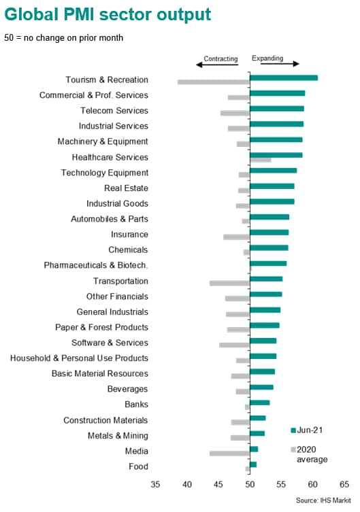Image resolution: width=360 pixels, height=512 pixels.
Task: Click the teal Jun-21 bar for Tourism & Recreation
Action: (284, 78)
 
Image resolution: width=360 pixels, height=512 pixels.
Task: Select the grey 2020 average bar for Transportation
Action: (229, 283)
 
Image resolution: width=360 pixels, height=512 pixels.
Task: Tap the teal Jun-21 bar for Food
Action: (253, 464)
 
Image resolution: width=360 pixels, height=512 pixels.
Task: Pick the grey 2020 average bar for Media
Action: (229, 454)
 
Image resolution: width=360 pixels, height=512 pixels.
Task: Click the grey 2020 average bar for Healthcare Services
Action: (261, 160)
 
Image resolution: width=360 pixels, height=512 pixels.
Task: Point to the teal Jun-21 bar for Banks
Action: (260, 403)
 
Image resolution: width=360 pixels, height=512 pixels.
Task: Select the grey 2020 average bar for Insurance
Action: (237, 237)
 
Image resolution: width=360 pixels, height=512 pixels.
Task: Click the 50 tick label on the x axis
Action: (250, 484)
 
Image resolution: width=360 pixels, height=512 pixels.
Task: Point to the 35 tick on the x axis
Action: (155, 484)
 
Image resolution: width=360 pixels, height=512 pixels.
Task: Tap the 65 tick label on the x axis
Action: (344, 484)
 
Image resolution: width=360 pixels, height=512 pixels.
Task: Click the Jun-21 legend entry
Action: (307, 430)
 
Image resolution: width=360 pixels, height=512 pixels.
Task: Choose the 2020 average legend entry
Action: (309, 454)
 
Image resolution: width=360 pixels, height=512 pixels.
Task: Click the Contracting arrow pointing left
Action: (217, 65)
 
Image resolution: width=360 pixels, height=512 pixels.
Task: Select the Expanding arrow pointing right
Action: (280, 64)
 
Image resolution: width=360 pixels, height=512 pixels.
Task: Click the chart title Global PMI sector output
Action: (108, 15)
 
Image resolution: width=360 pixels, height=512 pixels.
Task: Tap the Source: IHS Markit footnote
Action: (323, 500)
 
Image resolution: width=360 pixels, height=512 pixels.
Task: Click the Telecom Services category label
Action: (114, 111)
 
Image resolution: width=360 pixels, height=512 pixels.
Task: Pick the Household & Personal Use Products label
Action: (80, 358)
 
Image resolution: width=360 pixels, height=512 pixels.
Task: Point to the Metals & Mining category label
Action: (118, 436)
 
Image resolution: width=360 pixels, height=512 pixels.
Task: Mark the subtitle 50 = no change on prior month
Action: (64, 38)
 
